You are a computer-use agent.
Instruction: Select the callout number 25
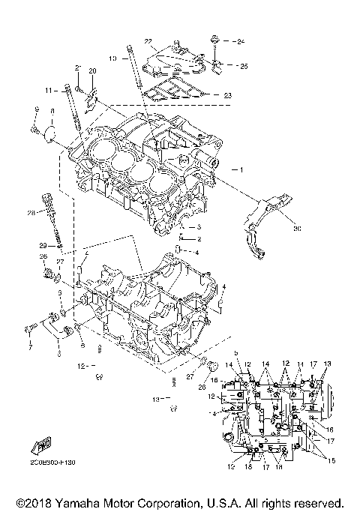click(x=243, y=66)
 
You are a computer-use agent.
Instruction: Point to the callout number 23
click(x=228, y=95)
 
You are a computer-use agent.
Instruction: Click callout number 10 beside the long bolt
click(x=112, y=58)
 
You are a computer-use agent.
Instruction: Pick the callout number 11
click(x=46, y=90)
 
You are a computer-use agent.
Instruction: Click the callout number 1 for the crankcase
click(x=241, y=169)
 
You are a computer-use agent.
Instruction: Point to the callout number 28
click(x=31, y=214)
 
